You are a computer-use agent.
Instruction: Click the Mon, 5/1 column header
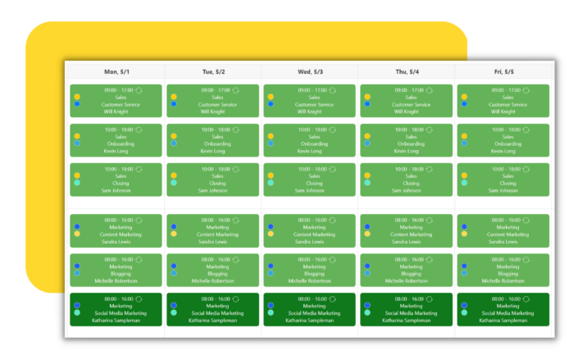pyautogui.click(x=116, y=71)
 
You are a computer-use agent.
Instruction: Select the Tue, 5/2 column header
pyautogui.click(x=212, y=71)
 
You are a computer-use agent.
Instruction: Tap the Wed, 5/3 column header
pyautogui.click(x=310, y=71)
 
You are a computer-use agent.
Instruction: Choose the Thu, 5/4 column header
pyautogui.click(x=407, y=71)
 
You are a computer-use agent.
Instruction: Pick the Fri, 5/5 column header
pyautogui.click(x=503, y=71)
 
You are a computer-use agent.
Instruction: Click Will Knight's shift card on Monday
pyautogui.click(x=116, y=101)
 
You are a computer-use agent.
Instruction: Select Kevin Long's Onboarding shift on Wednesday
pyautogui.click(x=310, y=140)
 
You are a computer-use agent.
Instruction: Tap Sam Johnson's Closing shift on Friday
pyautogui.click(x=503, y=180)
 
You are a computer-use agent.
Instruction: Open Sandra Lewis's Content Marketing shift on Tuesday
pyautogui.click(x=212, y=230)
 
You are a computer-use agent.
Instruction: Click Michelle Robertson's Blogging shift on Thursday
pyautogui.click(x=407, y=270)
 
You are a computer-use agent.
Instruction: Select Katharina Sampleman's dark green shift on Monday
pyautogui.click(x=116, y=309)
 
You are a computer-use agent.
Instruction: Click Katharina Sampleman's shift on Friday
pyautogui.click(x=503, y=309)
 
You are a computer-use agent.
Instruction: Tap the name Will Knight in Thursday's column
pyautogui.click(x=412, y=112)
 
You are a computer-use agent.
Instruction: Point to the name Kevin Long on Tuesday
pyautogui.click(x=217, y=151)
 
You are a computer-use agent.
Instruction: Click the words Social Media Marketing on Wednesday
pyautogui.click(x=315, y=312)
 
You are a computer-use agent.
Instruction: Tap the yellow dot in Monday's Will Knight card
pyautogui.click(x=77, y=97)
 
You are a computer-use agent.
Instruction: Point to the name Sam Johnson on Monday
pyautogui.click(x=121, y=190)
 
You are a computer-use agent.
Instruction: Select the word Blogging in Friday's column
pyautogui.click(x=508, y=273)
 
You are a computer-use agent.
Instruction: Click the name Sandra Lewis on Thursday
pyautogui.click(x=412, y=242)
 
